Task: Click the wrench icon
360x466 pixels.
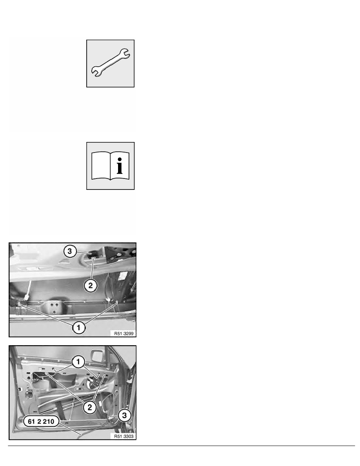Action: pos(110,63)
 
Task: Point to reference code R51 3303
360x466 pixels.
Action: pos(125,435)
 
